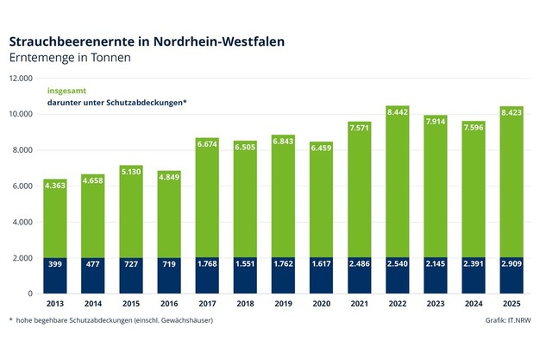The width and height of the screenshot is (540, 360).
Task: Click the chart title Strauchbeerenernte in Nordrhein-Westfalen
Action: tap(147, 41)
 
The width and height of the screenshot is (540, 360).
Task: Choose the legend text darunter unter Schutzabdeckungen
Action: tap(116, 103)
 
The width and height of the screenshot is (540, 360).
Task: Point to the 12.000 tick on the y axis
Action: tap(21, 79)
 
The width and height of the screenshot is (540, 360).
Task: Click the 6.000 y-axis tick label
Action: tap(22, 186)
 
